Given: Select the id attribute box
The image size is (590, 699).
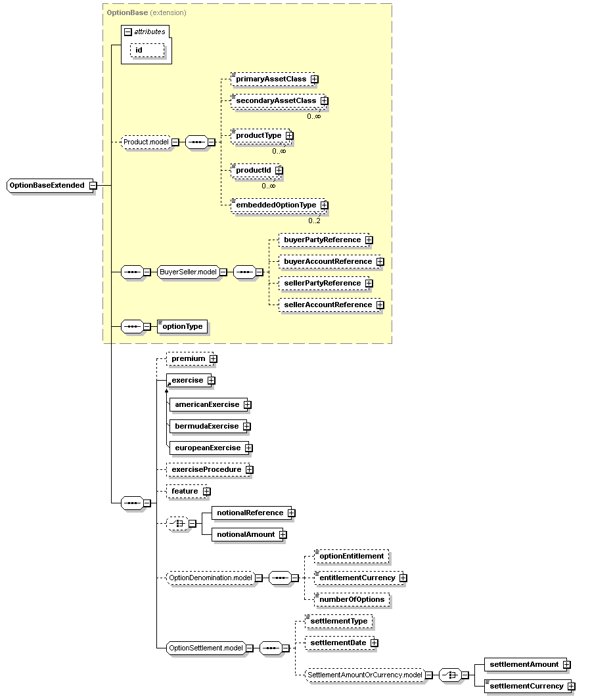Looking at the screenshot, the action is (147, 51).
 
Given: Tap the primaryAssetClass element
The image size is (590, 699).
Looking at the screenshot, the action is (273, 79).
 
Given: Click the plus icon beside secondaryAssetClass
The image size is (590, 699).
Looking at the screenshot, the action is (325, 101).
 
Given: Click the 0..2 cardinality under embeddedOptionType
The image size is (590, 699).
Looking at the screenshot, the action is (314, 221).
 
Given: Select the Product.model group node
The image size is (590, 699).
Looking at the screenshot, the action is (147, 142).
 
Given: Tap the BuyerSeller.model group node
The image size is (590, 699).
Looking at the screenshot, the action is (189, 272).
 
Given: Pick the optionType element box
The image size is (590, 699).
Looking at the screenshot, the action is (182, 327).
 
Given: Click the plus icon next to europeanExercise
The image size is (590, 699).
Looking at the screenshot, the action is (249, 448).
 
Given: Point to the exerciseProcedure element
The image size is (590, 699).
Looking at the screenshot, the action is (208, 470).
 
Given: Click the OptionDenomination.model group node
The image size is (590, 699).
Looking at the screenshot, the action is (210, 578).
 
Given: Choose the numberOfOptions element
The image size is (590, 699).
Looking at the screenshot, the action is (352, 600).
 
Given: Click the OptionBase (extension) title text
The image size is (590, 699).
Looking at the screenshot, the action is (147, 12).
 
